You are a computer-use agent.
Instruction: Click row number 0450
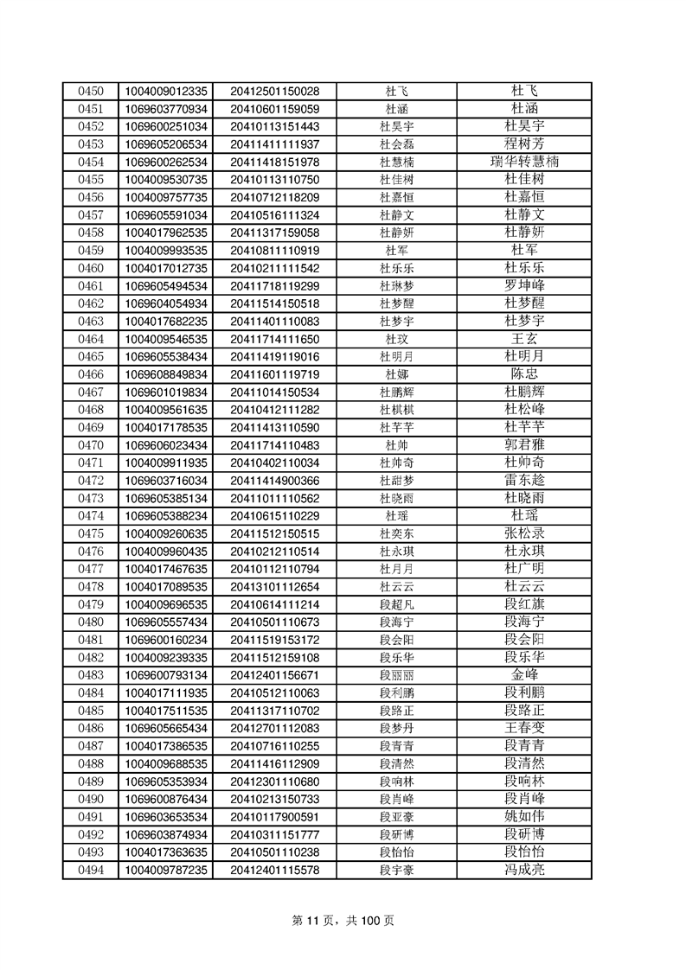point(91,91)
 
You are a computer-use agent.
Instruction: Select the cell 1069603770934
point(167,109)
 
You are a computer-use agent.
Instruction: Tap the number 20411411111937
point(275,144)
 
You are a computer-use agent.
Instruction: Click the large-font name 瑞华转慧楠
point(524,162)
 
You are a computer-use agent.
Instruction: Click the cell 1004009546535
point(167,339)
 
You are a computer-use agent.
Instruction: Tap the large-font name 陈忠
point(524,374)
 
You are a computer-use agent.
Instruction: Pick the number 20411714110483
point(275,445)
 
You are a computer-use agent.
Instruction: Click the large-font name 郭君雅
point(524,445)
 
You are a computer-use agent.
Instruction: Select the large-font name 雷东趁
point(524,481)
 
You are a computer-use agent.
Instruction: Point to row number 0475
point(91,533)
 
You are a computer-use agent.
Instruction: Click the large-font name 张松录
point(524,533)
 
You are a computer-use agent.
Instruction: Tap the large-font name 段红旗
point(524,604)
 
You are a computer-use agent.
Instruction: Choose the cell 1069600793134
point(167,675)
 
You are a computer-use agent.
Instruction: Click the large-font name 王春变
point(524,729)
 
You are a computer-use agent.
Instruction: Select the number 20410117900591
point(275,817)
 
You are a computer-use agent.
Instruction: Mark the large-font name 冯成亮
point(524,871)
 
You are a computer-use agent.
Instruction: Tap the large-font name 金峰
point(524,675)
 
